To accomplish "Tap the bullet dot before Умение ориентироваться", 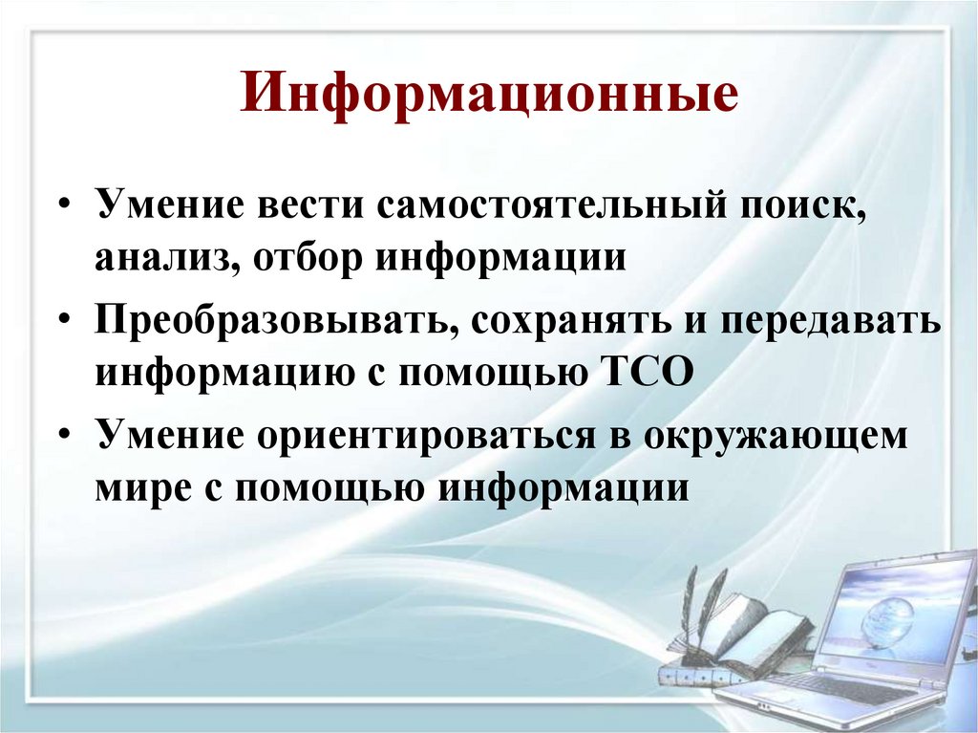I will click(x=63, y=435).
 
